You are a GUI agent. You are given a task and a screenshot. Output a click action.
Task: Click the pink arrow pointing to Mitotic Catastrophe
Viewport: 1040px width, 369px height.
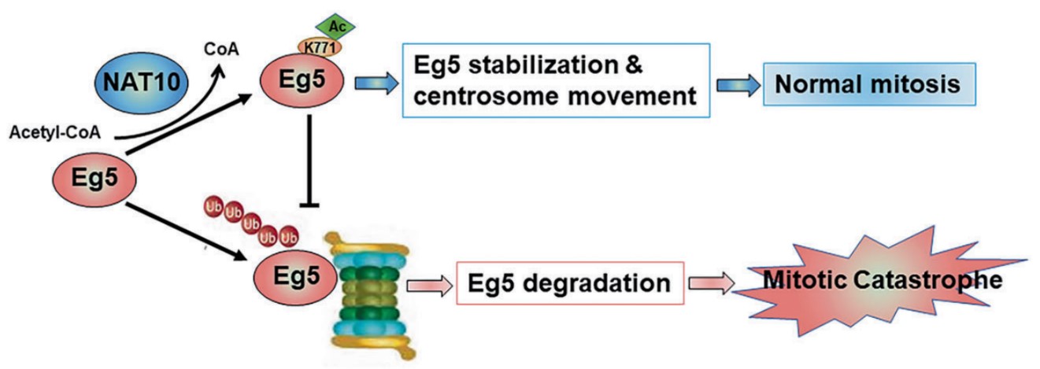coord(710,282)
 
